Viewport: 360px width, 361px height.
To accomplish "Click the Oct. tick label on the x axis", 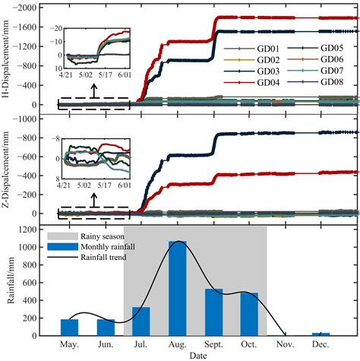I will click(x=250, y=344).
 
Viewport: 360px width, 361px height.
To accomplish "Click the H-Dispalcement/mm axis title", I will click(x=9, y=58).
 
